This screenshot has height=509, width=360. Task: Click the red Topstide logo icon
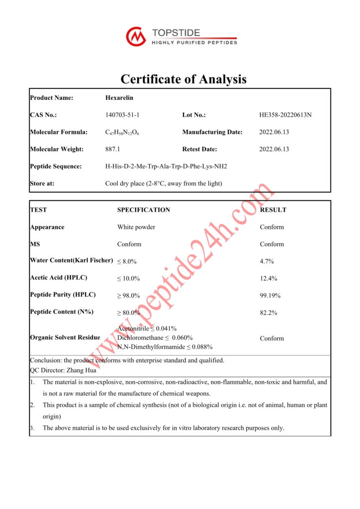(x=136, y=37)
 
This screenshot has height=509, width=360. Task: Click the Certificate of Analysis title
(x=183, y=79)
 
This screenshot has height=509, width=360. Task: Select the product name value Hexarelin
(x=119, y=98)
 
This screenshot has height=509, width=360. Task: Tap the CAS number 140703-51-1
(x=122, y=115)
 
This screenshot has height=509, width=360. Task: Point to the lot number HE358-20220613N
(x=285, y=115)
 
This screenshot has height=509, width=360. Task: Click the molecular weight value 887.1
(x=112, y=149)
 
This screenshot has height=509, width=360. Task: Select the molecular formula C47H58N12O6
(x=122, y=132)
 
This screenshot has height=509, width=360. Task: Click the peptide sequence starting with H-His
(x=166, y=167)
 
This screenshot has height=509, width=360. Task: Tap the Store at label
(x=42, y=183)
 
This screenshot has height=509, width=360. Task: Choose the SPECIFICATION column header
(x=143, y=210)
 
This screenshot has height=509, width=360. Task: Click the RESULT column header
(x=273, y=210)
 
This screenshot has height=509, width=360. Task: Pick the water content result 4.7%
(x=267, y=261)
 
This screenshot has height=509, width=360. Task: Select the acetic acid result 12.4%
(x=269, y=278)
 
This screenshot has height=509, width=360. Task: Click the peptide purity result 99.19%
(x=270, y=296)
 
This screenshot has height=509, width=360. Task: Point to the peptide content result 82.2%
(x=269, y=313)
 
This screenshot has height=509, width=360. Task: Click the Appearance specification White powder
(x=136, y=227)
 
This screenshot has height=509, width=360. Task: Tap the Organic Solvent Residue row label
(x=65, y=338)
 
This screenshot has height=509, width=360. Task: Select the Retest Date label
(x=199, y=149)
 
